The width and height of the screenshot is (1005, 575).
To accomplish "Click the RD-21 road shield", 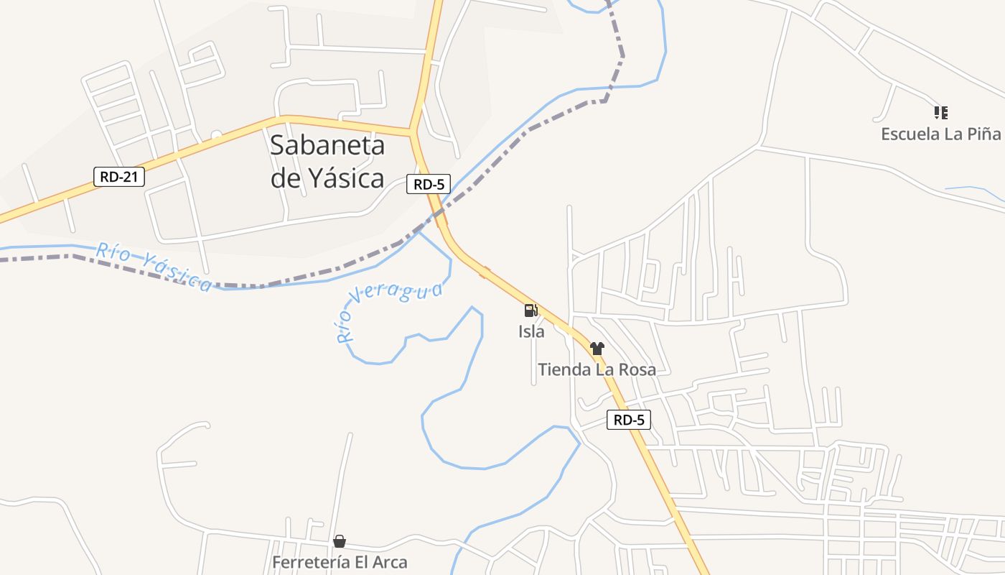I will click(119, 176).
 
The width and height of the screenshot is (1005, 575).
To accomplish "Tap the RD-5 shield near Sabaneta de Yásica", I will click(429, 184).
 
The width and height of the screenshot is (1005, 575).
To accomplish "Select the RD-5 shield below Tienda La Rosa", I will click(629, 420).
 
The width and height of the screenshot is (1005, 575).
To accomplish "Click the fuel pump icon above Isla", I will click(531, 310).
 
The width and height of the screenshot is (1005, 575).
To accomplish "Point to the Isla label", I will click(531, 331).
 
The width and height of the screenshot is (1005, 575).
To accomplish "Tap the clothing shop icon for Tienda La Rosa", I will click(597, 349).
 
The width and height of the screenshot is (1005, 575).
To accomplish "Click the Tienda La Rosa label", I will click(597, 369).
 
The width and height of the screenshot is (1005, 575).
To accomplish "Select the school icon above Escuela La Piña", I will click(940, 113).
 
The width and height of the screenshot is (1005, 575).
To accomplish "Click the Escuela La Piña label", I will click(940, 134).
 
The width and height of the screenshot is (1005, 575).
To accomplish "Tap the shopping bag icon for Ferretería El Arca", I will click(340, 541).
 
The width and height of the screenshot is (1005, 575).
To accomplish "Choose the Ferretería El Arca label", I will click(340, 562).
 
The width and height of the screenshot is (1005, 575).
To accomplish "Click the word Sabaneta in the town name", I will click(327, 145).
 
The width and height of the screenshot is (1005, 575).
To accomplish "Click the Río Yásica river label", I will click(154, 267).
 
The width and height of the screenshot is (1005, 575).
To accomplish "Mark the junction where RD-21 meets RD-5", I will click(413, 132).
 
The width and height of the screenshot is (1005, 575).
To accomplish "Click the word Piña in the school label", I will click(983, 134).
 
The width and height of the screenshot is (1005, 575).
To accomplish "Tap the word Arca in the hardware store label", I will click(388, 562).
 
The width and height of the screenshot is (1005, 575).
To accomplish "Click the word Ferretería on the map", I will click(310, 562).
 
